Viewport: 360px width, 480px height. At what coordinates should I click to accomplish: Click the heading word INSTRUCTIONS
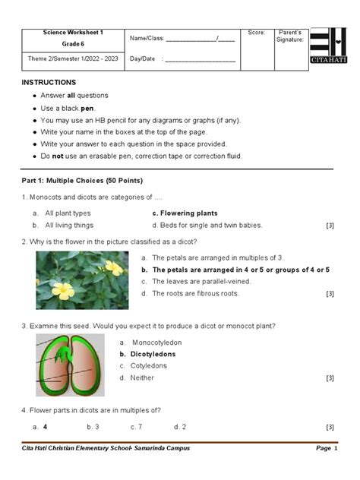49,81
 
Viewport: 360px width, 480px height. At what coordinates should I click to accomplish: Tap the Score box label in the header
256,33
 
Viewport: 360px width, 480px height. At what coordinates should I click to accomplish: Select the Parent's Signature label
290,36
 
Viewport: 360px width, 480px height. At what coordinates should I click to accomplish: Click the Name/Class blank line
200,39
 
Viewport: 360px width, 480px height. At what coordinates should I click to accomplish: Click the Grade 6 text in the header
72,45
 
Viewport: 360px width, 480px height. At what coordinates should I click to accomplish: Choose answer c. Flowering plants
185,213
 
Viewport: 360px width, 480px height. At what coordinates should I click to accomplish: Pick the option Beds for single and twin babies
207,225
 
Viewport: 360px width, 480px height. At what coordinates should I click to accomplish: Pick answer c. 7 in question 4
137,427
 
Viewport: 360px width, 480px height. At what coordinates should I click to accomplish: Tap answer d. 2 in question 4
180,427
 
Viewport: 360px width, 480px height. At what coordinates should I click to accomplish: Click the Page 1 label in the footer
323,448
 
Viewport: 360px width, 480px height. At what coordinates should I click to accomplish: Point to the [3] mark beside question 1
330,226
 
